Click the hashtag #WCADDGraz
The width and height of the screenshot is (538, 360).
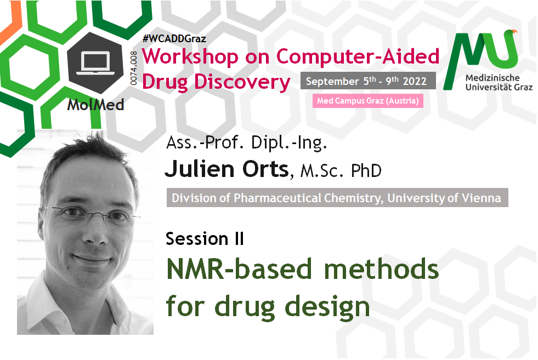(174, 38)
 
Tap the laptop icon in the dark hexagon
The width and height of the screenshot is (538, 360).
(95, 63)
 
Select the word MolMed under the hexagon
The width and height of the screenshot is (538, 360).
(95, 105)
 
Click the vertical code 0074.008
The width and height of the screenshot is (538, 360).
(133, 68)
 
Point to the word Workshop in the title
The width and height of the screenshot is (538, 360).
(190, 56)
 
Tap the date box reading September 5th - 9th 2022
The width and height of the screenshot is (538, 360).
(368, 81)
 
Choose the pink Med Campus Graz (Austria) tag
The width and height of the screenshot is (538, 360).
(367, 101)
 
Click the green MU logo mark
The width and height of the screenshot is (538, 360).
(480, 58)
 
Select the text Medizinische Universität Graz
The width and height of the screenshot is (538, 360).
(499, 82)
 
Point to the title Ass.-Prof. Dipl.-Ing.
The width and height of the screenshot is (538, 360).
(246, 143)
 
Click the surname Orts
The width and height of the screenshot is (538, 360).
(265, 169)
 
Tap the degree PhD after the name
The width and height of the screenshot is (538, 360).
(366, 171)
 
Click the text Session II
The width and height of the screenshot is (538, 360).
(205, 238)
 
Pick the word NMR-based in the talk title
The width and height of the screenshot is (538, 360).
(239, 269)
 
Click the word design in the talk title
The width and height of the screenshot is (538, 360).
(327, 306)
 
